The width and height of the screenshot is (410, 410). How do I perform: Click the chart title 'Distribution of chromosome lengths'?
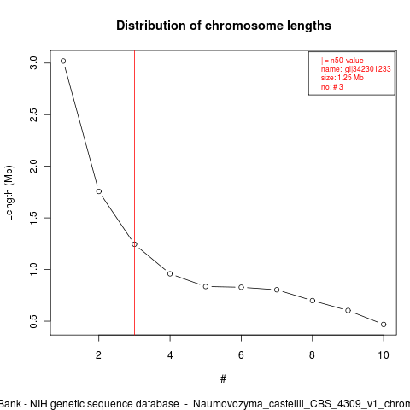(224, 26)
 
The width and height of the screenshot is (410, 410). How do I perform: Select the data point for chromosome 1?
(63, 61)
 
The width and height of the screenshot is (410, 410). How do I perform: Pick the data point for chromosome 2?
(99, 191)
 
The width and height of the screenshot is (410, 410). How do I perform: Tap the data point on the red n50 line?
(134, 244)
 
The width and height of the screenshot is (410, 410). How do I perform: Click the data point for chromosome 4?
(170, 274)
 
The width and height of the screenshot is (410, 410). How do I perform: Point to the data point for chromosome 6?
(241, 287)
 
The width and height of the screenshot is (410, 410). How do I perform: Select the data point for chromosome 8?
(313, 301)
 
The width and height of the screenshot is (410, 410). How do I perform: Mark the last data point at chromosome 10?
(384, 325)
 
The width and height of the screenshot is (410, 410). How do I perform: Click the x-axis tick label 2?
(98, 355)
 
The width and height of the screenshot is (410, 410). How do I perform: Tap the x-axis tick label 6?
(241, 355)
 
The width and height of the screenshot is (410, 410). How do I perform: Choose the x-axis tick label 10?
(384, 355)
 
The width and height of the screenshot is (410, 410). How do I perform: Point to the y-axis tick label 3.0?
(33, 63)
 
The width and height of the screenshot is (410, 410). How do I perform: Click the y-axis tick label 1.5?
(33, 218)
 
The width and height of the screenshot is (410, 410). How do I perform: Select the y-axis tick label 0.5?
(33, 321)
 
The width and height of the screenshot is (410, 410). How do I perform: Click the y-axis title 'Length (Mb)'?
(9, 193)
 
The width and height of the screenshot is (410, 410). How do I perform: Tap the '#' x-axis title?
(223, 379)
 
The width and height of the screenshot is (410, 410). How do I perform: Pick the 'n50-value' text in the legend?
(347, 61)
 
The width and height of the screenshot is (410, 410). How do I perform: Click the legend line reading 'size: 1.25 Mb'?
(343, 78)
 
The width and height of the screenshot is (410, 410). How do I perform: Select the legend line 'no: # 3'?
(332, 87)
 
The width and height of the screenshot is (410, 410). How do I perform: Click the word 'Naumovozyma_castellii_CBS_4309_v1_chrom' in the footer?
(302, 404)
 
